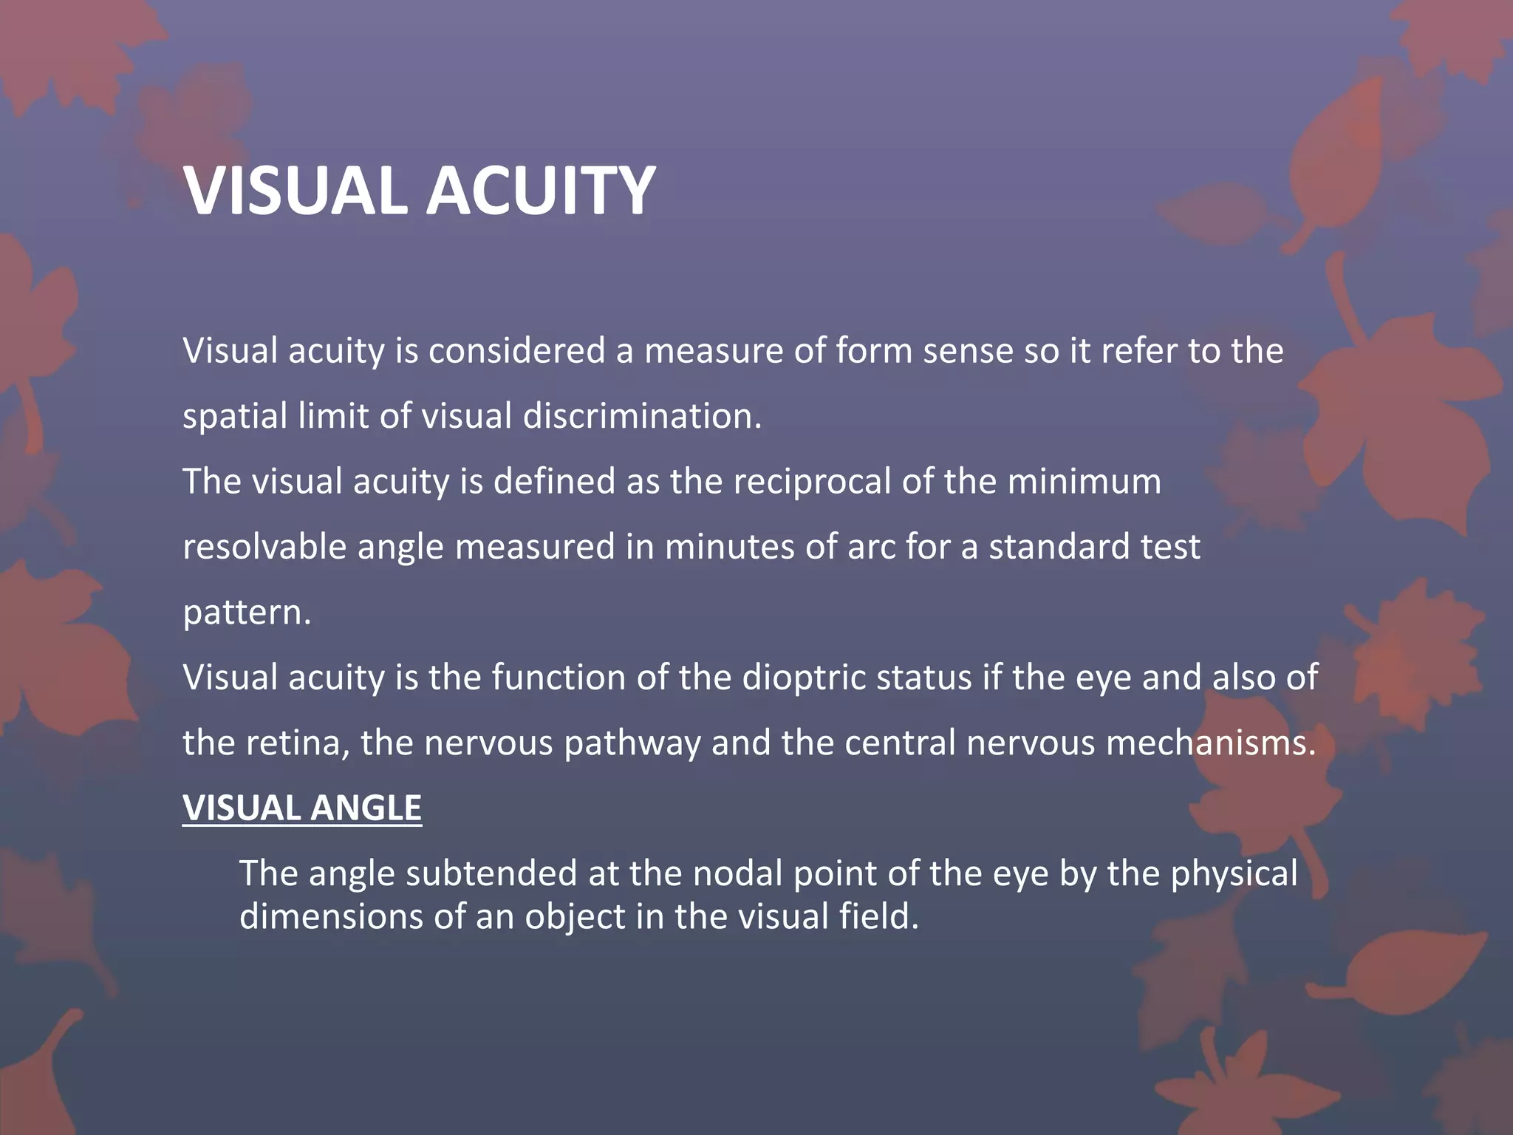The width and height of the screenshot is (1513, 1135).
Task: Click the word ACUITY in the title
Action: tap(541, 191)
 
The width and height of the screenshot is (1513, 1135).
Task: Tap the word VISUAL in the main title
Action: tap(296, 191)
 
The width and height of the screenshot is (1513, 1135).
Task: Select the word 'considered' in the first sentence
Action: tap(516, 350)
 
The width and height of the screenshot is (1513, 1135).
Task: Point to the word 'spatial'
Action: tap(235, 417)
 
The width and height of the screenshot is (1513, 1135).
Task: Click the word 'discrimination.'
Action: tap(642, 416)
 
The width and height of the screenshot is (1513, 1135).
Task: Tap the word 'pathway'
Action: tap(632, 743)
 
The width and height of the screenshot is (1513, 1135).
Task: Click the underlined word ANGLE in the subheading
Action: tap(366, 808)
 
